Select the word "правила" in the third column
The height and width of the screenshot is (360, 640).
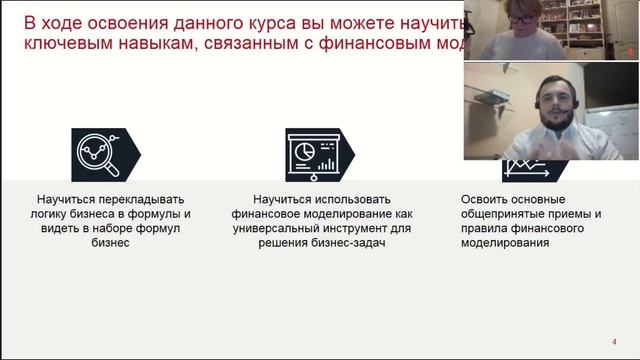(x=487, y=229)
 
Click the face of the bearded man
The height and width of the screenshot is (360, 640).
(x=554, y=101)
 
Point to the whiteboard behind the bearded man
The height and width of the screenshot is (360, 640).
(x=611, y=129)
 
